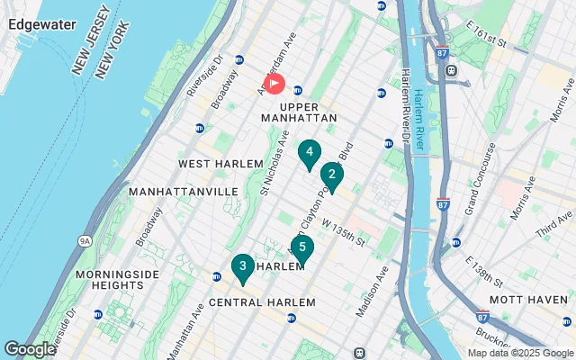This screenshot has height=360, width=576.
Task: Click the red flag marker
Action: [274, 85]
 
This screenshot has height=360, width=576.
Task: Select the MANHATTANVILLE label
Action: [183, 192]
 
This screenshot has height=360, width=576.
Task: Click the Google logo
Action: [30, 348]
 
